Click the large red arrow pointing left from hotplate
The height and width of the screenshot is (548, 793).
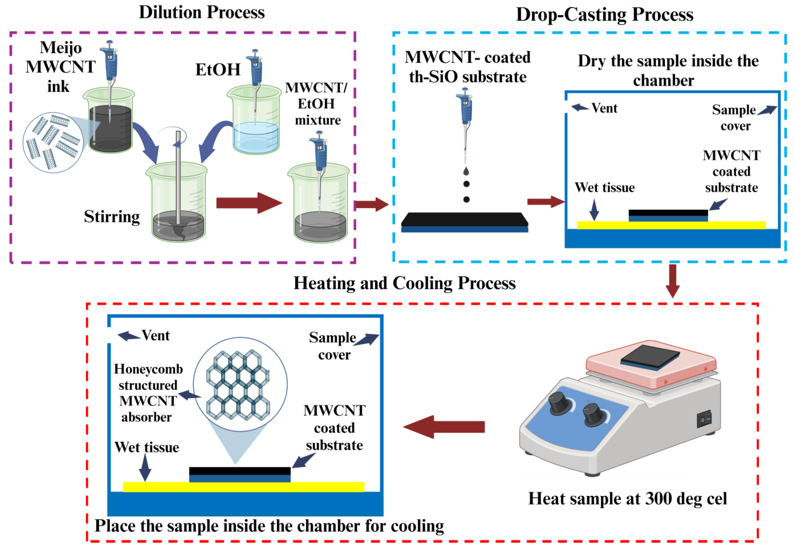click(x=444, y=427)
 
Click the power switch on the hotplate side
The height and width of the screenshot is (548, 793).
click(x=704, y=419)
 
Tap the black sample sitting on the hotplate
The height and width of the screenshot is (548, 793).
click(x=650, y=357)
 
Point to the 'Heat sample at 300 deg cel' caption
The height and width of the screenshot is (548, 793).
click(x=627, y=498)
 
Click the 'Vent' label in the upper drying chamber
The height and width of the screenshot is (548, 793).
click(x=604, y=108)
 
